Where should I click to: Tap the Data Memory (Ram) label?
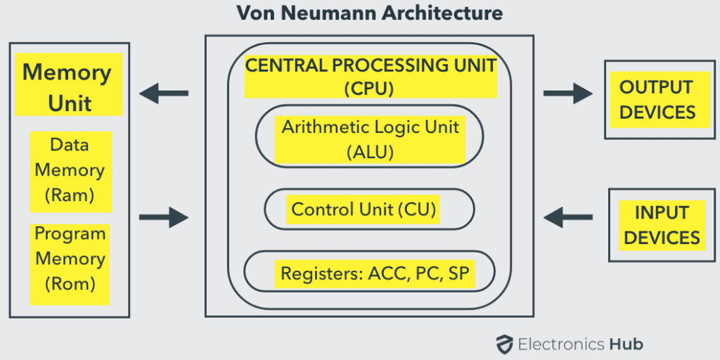[x=70, y=170]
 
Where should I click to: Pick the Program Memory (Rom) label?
[x=70, y=259]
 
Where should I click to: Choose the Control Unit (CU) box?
[x=369, y=210]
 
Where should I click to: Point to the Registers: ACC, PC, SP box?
[x=369, y=273]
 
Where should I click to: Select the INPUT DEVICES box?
[x=661, y=225]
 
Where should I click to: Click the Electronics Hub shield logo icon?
[x=503, y=344]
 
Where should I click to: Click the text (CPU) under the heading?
[x=369, y=89]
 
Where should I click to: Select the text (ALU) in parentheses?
[x=370, y=152]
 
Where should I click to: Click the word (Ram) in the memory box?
[x=70, y=195]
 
